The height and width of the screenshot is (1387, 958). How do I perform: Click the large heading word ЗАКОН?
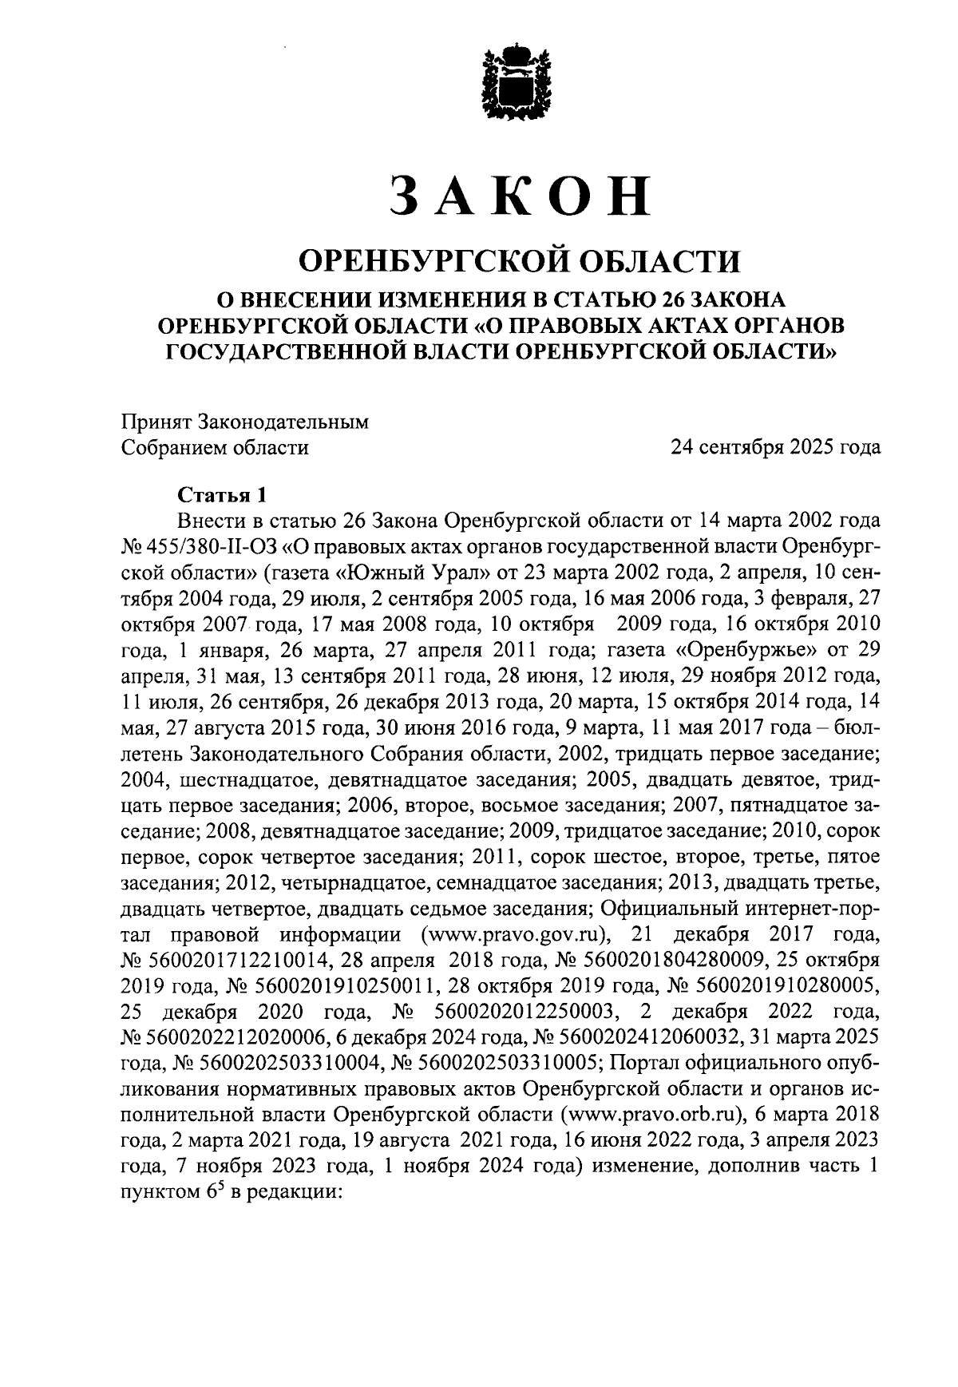click(520, 195)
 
